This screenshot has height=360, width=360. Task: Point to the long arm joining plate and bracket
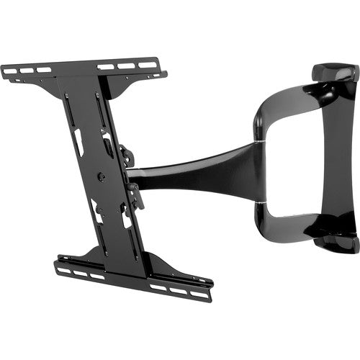pos(194,174)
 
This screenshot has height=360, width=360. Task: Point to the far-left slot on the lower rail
pos(63,270)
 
